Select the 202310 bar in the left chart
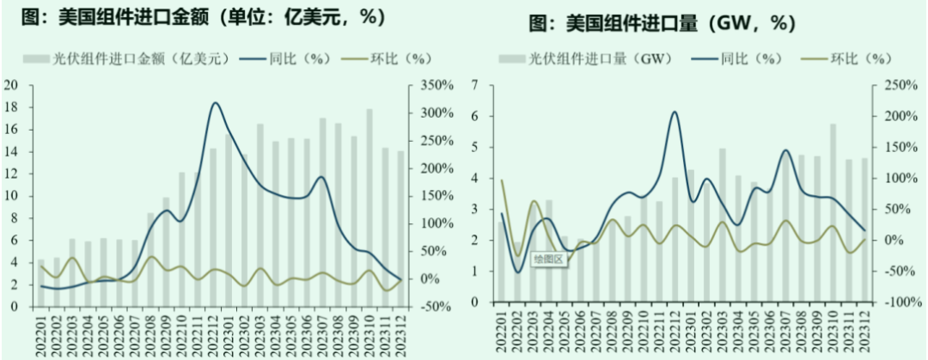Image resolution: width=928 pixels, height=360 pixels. point(369,206)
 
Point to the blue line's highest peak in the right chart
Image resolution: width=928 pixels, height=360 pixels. point(675,112)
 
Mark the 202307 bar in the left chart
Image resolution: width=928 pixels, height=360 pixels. point(322,211)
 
